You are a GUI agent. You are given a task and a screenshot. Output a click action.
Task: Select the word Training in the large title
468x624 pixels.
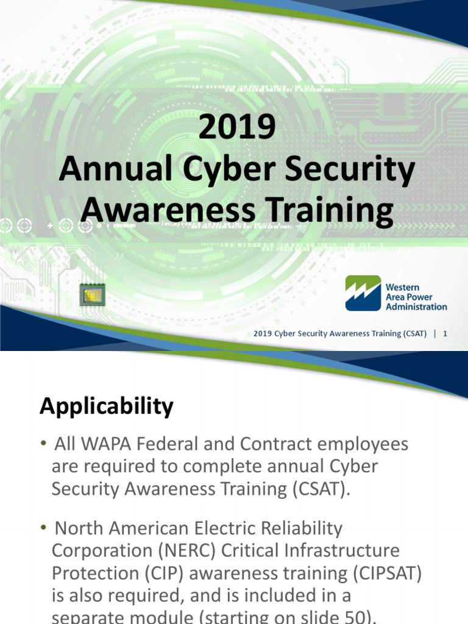[x=329, y=210]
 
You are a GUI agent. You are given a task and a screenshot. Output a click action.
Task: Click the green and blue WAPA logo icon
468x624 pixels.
[x=363, y=293]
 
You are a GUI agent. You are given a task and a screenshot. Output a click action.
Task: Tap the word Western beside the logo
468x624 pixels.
[x=402, y=286]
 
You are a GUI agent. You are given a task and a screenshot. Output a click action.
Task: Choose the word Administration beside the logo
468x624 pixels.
[x=416, y=307]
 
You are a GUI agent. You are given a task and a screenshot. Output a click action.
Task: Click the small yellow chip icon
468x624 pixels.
[x=93, y=295]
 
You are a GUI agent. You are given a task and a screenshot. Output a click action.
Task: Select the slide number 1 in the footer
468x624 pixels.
[x=445, y=333]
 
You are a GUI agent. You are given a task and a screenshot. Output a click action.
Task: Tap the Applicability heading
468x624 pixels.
[x=107, y=406]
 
